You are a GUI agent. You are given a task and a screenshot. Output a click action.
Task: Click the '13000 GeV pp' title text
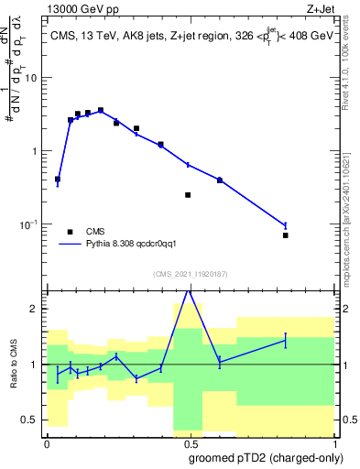[x=81, y=8]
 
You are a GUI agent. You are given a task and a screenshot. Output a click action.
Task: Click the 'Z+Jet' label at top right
[x=334, y=8]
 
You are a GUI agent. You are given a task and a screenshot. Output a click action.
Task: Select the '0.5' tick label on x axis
[x=189, y=443]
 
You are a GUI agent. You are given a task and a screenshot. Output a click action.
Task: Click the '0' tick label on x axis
[x=47, y=443]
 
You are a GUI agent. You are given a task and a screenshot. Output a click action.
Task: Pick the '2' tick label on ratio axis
[x=37, y=309]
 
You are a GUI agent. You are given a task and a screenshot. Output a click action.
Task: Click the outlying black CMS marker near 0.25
[x=188, y=195]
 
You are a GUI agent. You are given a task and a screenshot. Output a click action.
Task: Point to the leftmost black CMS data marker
[x=58, y=180]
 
